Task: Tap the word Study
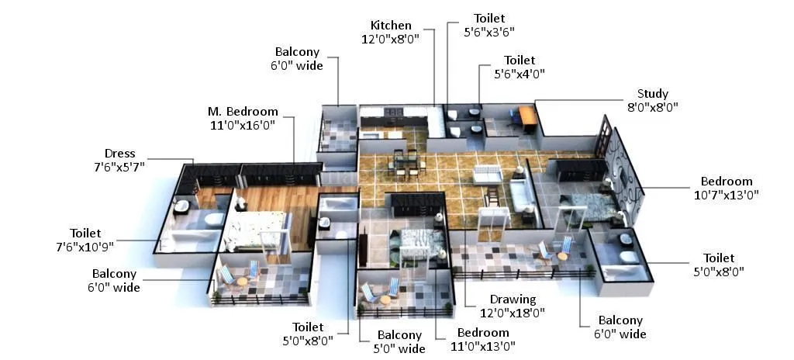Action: coord(652,94)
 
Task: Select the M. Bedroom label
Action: coord(242,112)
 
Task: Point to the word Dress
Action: coord(120,153)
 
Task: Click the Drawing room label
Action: coord(513,299)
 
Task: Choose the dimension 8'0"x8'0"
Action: coord(652,107)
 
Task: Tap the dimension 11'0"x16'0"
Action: coord(242,125)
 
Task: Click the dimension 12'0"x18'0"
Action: coord(513,313)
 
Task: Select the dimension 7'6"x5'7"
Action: coord(120,166)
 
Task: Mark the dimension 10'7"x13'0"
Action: coord(727,195)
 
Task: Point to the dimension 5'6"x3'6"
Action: coord(488,32)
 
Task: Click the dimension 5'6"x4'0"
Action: coord(520,74)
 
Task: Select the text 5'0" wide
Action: coord(399,348)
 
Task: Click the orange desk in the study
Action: coord(528,116)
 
